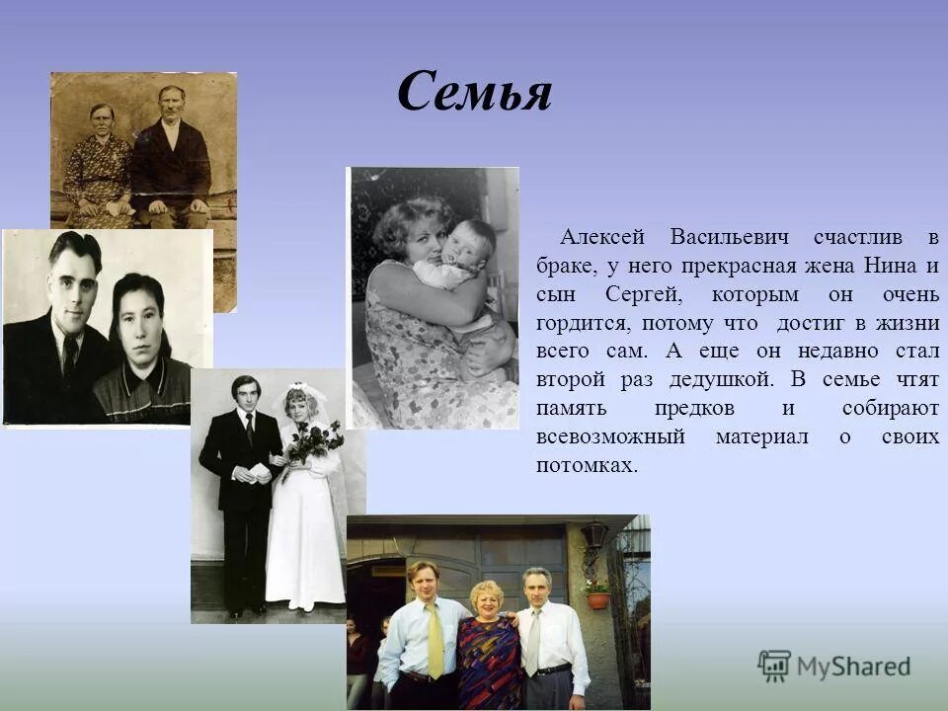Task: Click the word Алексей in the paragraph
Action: click(x=602, y=238)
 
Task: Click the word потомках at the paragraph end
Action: click(x=587, y=464)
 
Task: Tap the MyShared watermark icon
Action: click(x=773, y=667)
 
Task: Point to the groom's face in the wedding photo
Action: click(x=244, y=395)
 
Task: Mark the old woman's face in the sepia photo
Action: click(x=102, y=119)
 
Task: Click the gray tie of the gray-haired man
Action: click(x=533, y=642)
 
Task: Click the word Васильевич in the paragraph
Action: click(x=729, y=238)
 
